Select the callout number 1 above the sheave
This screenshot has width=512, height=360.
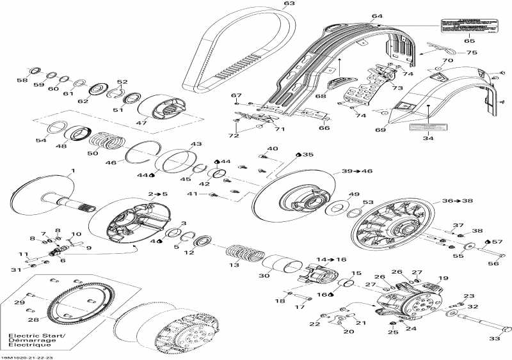coord(72,171)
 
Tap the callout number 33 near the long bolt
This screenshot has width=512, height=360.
coord(495,338)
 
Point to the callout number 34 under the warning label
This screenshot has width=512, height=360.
coord(428,137)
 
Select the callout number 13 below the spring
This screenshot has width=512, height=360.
coord(235,265)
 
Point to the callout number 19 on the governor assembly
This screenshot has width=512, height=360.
coord(441,279)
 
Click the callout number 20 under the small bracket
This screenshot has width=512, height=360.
coord(348,332)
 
